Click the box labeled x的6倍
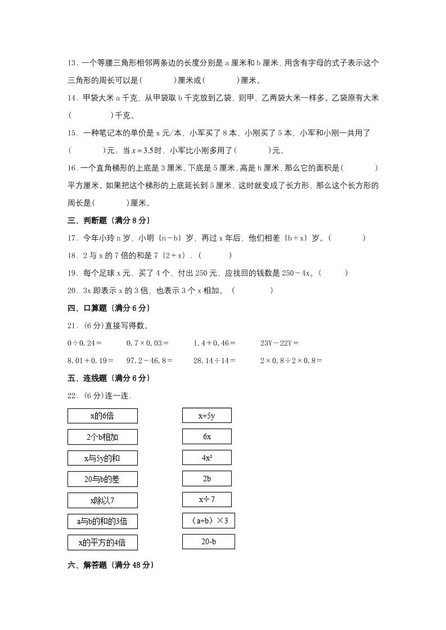(102, 416)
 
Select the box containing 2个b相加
(102, 437)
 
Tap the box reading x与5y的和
(102, 458)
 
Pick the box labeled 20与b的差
(102, 479)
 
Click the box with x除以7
(102, 500)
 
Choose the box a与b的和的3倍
(102, 521)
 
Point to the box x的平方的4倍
(102, 542)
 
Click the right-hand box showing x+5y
(206, 416)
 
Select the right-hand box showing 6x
(206, 436)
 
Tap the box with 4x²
(206, 458)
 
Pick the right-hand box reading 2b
(206, 478)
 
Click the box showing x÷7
(206, 499)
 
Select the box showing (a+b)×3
(208, 521)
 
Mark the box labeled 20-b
(208, 542)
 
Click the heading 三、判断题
(109, 220)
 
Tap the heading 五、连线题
(109, 378)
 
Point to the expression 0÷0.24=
(84, 343)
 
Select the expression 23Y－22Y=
(280, 343)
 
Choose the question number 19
(72, 273)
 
